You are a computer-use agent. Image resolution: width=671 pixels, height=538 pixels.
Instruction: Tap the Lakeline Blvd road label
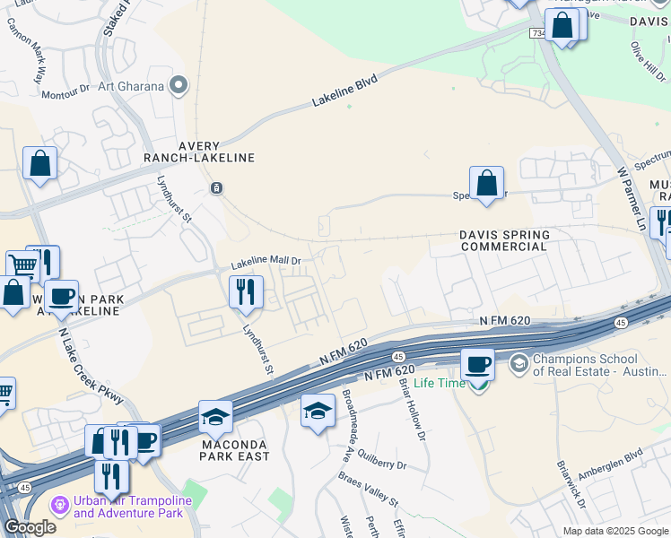tap(344, 91)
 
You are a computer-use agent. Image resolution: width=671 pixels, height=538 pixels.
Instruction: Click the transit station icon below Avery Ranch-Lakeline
tap(216, 187)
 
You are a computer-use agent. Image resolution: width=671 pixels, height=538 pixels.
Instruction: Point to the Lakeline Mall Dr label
tap(266, 263)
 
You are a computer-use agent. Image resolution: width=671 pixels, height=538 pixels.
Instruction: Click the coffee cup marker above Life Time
tap(477, 364)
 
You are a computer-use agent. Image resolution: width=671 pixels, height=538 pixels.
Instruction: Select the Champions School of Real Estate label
tap(588, 364)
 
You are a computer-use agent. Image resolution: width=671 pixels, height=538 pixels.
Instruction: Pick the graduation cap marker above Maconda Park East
tap(215, 416)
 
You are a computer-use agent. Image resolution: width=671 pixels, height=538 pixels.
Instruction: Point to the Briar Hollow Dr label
tap(412, 407)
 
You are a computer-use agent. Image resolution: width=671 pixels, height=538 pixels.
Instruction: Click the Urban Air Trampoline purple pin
tap(61, 506)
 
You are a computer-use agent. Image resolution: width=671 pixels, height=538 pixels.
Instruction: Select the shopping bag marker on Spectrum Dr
tap(485, 183)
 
